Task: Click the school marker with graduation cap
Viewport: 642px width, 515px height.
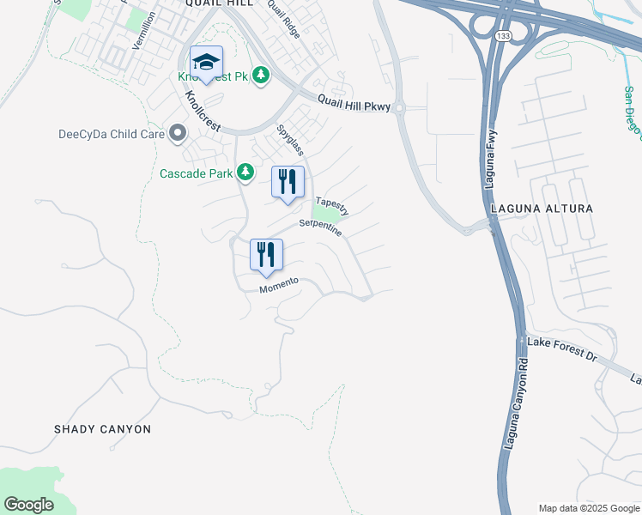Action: tap(206, 63)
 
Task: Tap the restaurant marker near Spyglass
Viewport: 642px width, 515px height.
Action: tap(288, 182)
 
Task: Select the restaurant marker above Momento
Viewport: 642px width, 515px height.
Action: tap(266, 255)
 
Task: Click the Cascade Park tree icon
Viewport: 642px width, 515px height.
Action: tap(245, 173)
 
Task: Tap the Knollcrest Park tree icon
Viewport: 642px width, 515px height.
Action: tap(260, 76)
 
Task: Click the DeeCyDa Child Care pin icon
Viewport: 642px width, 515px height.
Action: tap(178, 133)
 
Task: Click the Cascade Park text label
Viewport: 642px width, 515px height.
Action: tap(197, 173)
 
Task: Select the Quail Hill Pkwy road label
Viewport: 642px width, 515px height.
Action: tap(354, 103)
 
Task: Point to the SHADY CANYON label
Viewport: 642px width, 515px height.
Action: tap(102, 428)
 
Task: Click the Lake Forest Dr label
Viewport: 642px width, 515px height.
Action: tap(561, 348)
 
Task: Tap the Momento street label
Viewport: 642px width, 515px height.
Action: tap(279, 285)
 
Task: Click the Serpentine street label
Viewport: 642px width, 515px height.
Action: tap(320, 227)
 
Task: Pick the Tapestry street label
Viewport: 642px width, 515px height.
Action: tap(332, 207)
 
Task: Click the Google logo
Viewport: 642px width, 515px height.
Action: tap(28, 505)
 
